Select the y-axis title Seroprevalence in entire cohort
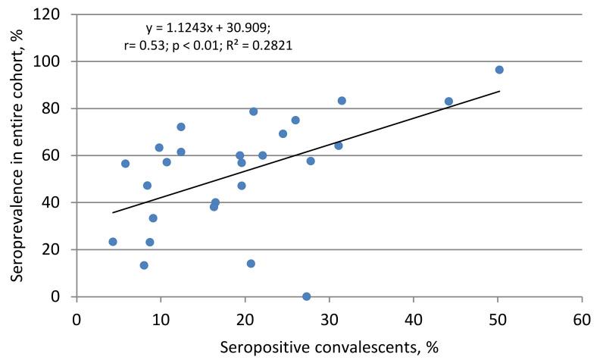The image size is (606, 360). [x=17, y=155]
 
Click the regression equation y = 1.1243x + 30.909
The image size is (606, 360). [x=210, y=29]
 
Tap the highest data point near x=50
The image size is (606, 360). [x=499, y=70]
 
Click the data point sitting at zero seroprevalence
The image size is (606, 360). [x=307, y=296]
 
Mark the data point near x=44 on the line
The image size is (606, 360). [x=448, y=101]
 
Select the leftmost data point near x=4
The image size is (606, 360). [x=113, y=242]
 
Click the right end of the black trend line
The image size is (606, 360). [x=499, y=91]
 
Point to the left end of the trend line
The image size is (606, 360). [x=112, y=212]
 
